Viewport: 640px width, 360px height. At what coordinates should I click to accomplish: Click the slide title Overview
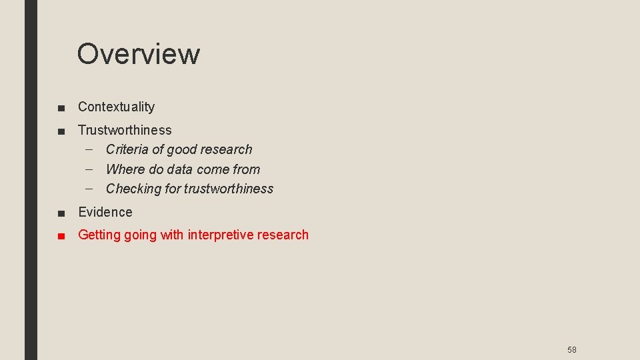click(x=138, y=54)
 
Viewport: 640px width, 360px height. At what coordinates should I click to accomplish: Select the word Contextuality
click(x=116, y=107)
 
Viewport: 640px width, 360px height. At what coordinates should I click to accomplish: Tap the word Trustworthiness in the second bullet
click(x=125, y=130)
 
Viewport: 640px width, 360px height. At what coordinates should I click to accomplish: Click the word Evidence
click(x=105, y=212)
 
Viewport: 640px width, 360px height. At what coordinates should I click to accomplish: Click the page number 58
click(x=571, y=350)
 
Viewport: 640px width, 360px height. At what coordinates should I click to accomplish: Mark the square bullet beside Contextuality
click(x=61, y=107)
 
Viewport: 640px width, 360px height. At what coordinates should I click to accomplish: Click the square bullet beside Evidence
click(x=61, y=213)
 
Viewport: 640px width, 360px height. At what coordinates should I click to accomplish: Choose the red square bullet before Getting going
click(x=61, y=235)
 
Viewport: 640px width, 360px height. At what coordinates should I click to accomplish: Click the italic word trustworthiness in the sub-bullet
click(x=229, y=189)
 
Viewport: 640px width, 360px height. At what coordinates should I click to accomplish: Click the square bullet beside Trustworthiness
click(x=61, y=131)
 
